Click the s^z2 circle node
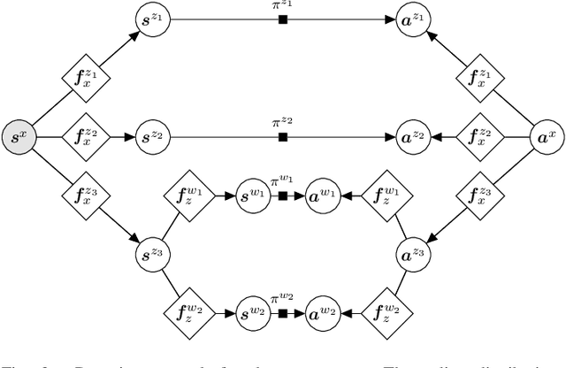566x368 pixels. pyautogui.click(x=157, y=137)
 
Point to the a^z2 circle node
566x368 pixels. pyautogui.click(x=411, y=137)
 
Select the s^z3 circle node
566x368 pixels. pyautogui.click(x=157, y=255)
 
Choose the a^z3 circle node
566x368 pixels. pyautogui.click(x=411, y=255)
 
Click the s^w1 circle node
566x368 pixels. pyautogui.click(x=255, y=196)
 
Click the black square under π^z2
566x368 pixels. pyautogui.click(x=284, y=137)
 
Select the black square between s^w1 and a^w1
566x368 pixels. pyautogui.click(x=284, y=196)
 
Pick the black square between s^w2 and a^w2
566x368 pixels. pyautogui.click(x=284, y=313)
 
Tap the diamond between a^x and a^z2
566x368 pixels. pyautogui.click(x=480, y=137)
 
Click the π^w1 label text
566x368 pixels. pyautogui.click(x=284, y=181)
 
